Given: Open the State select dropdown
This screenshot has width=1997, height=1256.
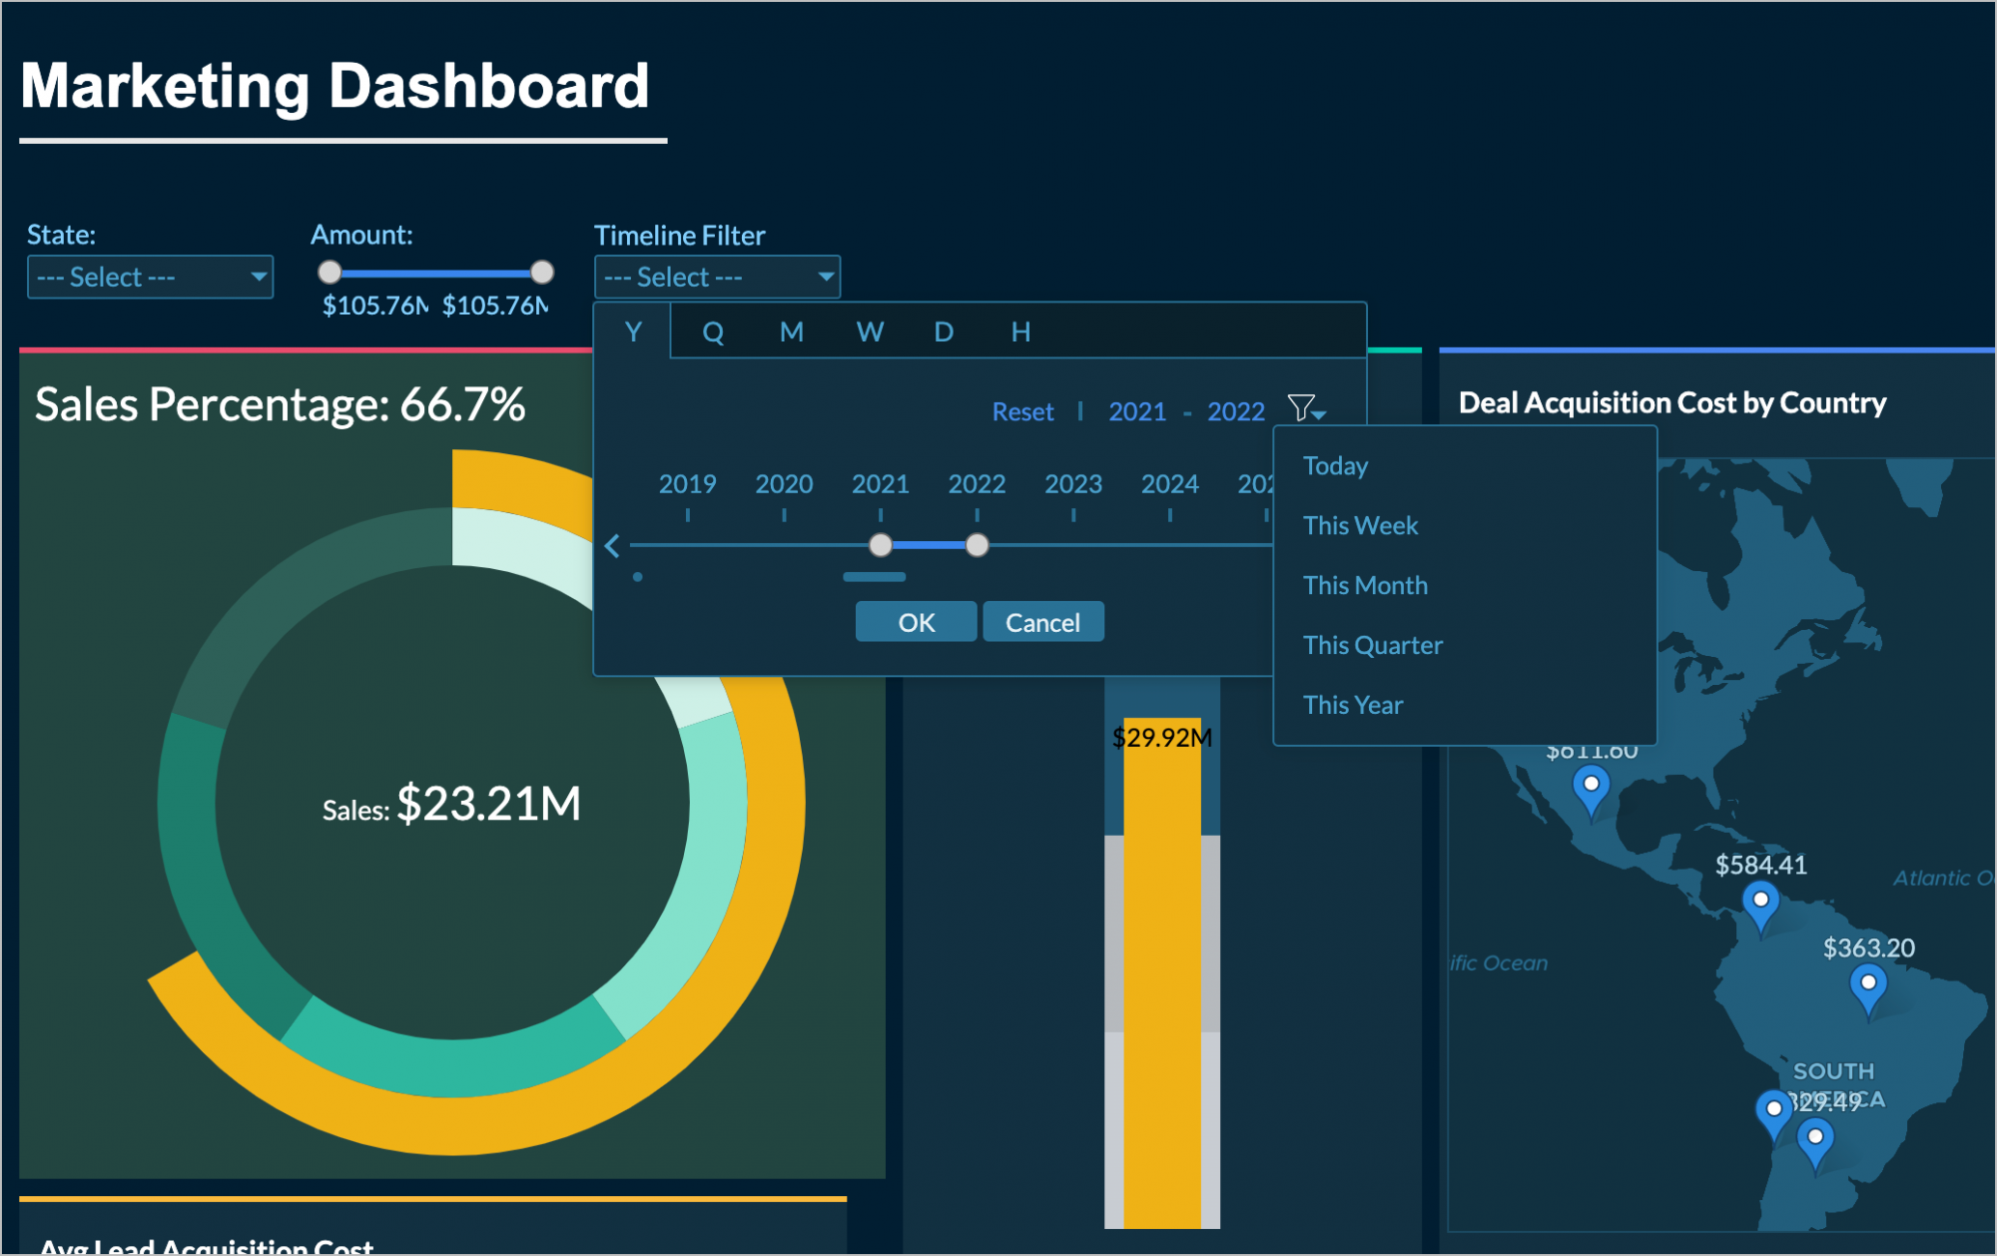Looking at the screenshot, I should tap(150, 277).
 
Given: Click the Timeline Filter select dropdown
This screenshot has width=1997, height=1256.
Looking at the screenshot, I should tap(717, 277).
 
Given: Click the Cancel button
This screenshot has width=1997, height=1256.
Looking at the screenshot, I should tap(1042, 622).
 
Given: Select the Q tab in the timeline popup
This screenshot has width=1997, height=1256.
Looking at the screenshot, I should tap(712, 331).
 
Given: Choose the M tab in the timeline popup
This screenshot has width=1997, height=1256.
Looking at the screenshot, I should tap(791, 331).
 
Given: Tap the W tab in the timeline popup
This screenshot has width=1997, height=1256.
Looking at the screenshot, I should tap(870, 331).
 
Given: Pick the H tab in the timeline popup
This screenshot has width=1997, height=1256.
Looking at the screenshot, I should tap(1019, 331).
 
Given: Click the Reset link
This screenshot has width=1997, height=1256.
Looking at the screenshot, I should tap(1022, 411).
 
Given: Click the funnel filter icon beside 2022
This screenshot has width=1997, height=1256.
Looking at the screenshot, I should tap(1304, 408).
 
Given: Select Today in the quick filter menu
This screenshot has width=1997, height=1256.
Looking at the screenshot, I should tap(1335, 466).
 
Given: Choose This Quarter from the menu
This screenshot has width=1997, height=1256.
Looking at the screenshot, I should tap(1372, 645).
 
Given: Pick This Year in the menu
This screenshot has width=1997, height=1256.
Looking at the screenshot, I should tap(1352, 705).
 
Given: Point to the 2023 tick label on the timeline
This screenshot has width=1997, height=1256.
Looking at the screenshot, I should tap(1072, 484).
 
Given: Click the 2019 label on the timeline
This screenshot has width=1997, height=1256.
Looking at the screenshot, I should tap(687, 484).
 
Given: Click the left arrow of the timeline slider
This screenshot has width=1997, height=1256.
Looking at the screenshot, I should tap(612, 546).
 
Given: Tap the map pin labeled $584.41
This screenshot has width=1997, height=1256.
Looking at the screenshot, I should tap(1760, 903).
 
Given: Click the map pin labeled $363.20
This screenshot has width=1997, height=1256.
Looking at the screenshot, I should tap(1867, 986).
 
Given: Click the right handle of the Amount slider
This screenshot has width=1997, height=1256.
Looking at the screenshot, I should tap(542, 272).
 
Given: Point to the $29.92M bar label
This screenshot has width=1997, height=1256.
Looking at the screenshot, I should tap(1161, 738).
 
